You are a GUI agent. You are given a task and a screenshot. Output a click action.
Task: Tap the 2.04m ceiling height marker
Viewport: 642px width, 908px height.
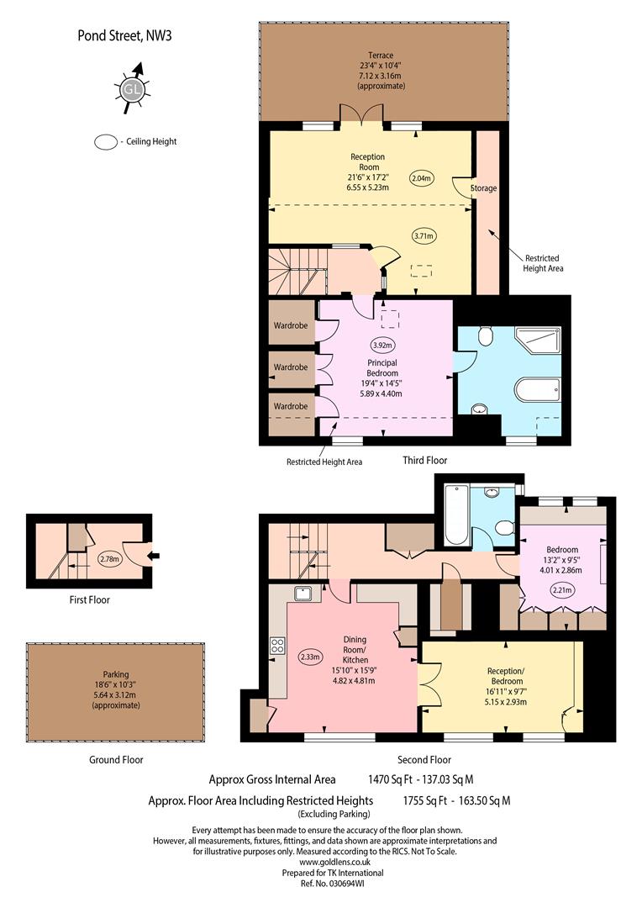(x=422, y=178)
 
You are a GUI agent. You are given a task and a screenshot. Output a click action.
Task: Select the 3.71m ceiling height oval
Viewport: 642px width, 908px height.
(x=424, y=235)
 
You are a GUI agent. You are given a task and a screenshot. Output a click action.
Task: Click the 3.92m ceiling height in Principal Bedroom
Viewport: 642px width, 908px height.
(x=382, y=346)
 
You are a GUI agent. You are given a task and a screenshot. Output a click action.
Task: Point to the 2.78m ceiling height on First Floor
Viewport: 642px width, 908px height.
(x=109, y=559)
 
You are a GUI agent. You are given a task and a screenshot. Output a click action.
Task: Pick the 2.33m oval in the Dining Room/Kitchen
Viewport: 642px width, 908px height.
(x=310, y=657)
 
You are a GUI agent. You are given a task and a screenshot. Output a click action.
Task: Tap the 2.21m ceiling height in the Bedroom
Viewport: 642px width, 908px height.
(x=562, y=591)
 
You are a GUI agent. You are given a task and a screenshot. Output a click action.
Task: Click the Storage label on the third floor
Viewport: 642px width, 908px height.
(x=483, y=188)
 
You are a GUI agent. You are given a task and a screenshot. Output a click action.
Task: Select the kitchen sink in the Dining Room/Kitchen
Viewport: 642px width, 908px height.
(x=303, y=594)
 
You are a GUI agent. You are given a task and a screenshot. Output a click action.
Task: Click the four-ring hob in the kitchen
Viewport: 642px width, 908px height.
(x=277, y=645)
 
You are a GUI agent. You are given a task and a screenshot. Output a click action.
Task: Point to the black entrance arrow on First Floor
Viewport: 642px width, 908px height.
(x=154, y=557)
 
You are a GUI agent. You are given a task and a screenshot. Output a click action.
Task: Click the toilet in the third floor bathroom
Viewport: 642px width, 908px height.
(x=485, y=335)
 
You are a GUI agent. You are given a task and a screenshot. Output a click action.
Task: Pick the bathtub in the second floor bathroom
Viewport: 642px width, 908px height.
(x=456, y=515)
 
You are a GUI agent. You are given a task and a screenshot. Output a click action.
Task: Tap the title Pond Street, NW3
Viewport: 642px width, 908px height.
(x=124, y=36)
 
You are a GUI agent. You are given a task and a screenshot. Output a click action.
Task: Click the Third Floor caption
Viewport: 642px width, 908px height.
(x=425, y=461)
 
